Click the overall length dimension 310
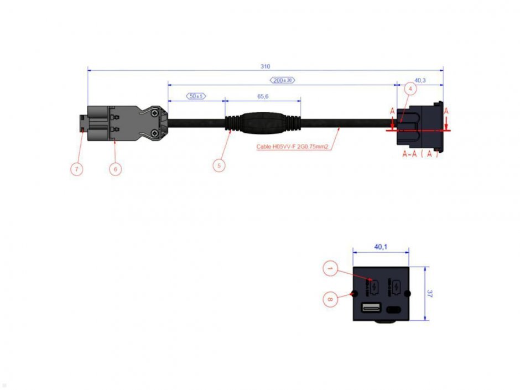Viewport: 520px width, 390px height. pyautogui.click(x=265, y=66)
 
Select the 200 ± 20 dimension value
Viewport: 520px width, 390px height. pyautogui.click(x=282, y=80)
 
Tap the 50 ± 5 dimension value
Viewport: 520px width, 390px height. pyautogui.click(x=196, y=96)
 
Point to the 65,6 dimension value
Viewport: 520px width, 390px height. pyautogui.click(x=263, y=96)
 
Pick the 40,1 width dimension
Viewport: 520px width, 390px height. pyautogui.click(x=381, y=247)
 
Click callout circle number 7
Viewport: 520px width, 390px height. pyautogui.click(x=76, y=169)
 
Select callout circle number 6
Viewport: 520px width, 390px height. pyautogui.click(x=115, y=169)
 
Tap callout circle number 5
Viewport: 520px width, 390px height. pyautogui.click(x=219, y=164)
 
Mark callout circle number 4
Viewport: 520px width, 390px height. pyautogui.click(x=410, y=89)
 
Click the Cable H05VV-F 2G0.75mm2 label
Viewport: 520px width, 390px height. pyautogui.click(x=293, y=147)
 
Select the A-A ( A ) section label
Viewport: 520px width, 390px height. pyautogui.click(x=420, y=153)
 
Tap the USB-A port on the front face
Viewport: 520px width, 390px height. pyautogui.click(x=369, y=308)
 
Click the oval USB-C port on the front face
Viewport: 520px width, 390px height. pyautogui.click(x=394, y=309)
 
